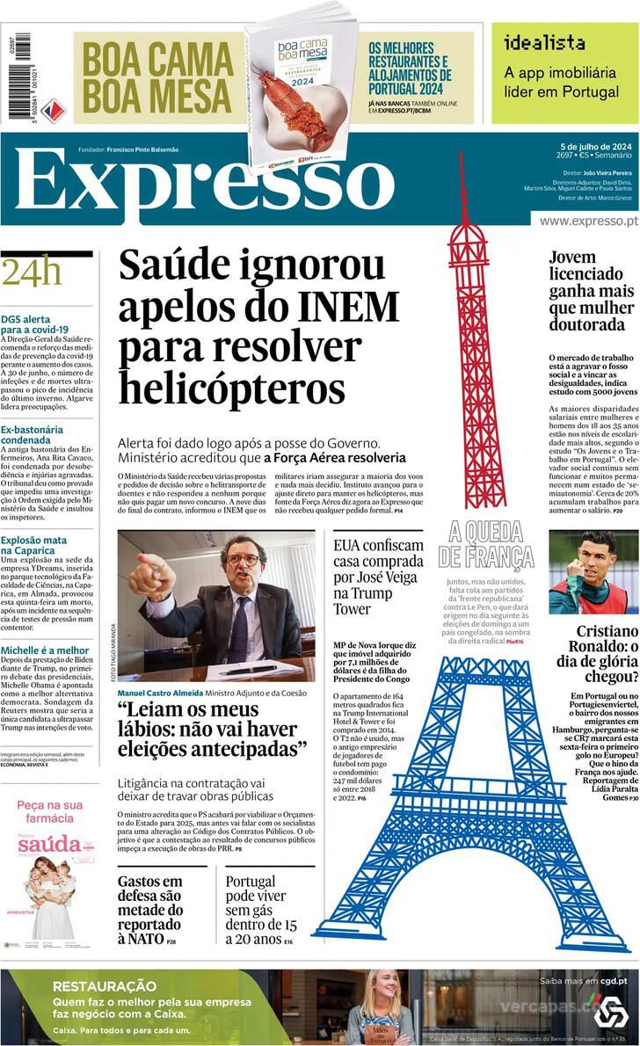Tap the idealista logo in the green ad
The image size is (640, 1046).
(x=544, y=41)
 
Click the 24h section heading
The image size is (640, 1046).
(x=32, y=273)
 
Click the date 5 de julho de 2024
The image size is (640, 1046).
(x=595, y=145)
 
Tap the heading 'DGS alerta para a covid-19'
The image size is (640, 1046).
(x=35, y=324)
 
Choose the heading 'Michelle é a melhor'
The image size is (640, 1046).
(x=45, y=650)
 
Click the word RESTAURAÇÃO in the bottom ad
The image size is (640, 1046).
(x=104, y=986)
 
